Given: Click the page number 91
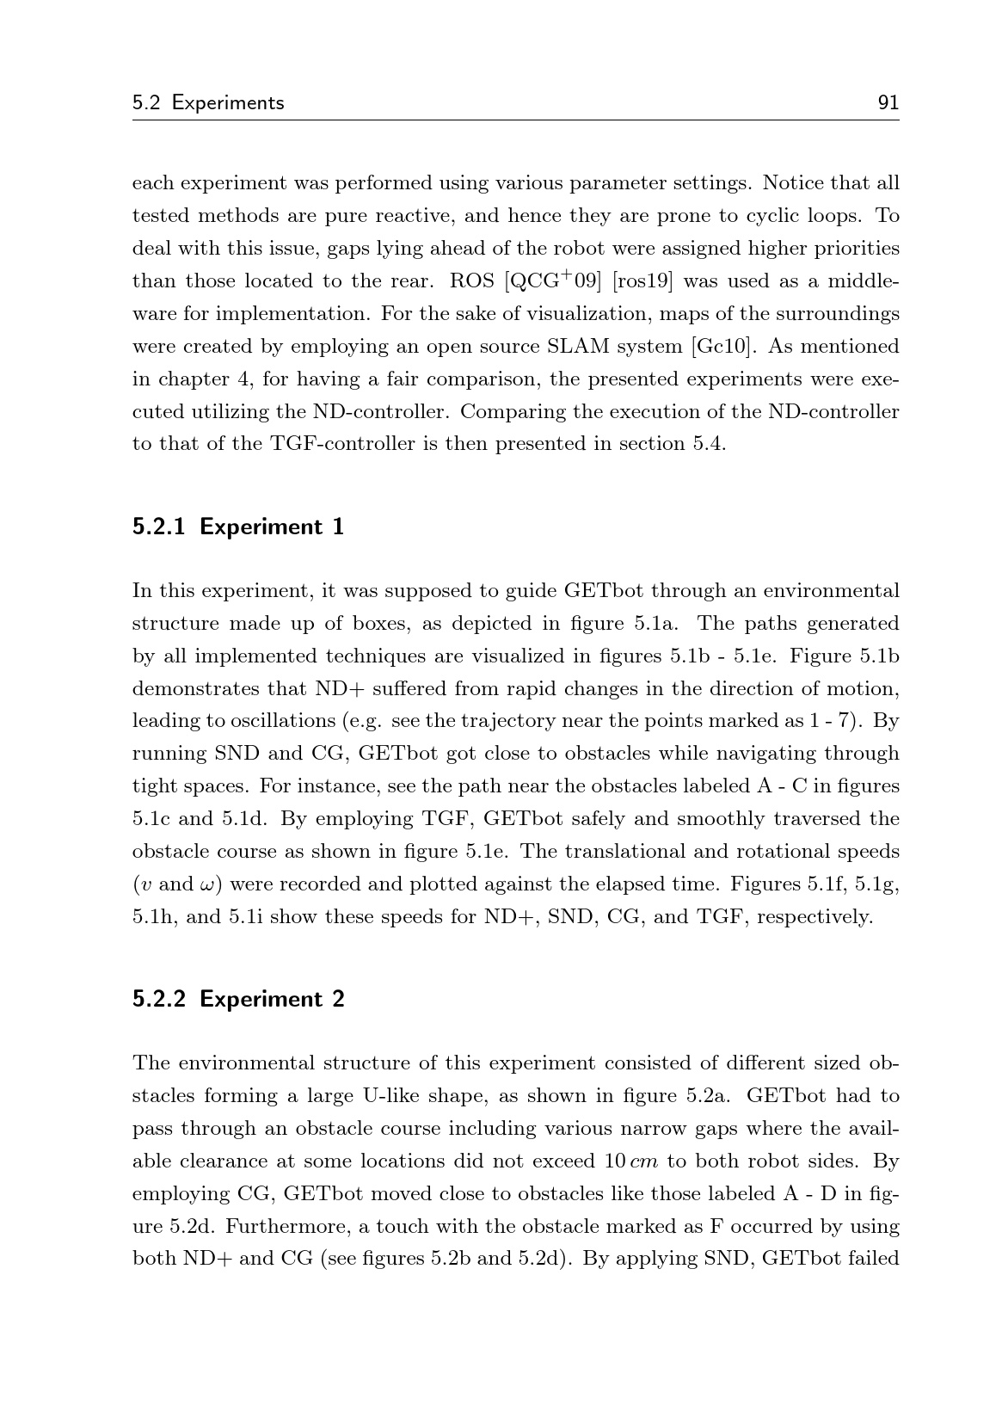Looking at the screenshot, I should point(888,103).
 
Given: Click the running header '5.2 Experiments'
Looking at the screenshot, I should point(208,103).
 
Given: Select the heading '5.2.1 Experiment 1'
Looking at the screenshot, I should point(238,527).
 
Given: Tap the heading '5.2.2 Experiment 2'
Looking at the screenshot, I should point(238,999).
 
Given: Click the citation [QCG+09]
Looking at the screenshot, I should point(552,281).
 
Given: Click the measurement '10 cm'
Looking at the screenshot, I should point(630,1161).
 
